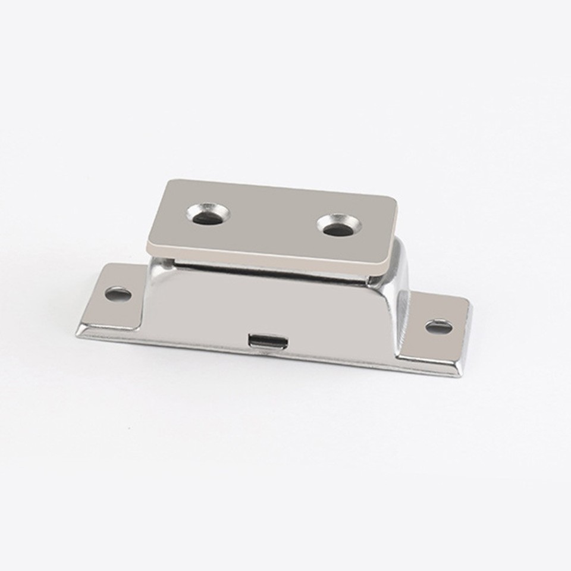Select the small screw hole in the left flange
[118, 293]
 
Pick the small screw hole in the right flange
[438, 326]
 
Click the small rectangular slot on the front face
[268, 341]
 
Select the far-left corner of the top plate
[168, 183]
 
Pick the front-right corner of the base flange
[459, 375]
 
